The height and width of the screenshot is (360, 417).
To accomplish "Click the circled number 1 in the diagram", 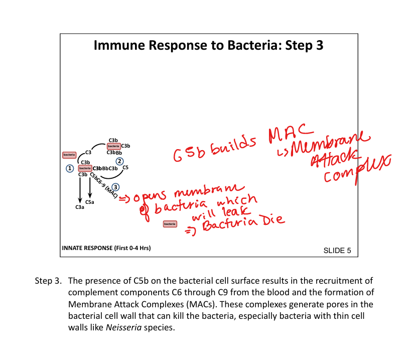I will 70,168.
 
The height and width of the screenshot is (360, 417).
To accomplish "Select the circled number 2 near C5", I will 119,161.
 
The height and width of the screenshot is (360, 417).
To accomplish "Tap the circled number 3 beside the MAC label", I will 115,187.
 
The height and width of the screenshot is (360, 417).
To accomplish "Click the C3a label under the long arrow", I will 79,207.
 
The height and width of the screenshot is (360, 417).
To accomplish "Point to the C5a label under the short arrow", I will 90,202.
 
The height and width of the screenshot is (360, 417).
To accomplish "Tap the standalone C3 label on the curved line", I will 88,152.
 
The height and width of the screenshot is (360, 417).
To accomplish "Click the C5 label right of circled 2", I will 125,167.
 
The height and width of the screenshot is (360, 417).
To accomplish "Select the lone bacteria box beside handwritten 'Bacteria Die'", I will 170,223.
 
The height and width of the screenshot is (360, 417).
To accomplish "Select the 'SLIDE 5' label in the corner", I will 337,250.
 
